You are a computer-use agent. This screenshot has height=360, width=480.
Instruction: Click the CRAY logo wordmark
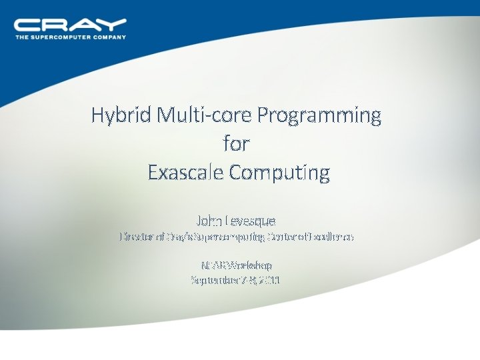70,25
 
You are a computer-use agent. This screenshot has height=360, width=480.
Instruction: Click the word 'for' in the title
238,144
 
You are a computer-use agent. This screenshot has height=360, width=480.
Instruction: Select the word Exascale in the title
185,173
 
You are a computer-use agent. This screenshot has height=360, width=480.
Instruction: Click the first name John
210,220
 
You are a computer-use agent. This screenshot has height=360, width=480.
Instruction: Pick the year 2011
269,280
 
